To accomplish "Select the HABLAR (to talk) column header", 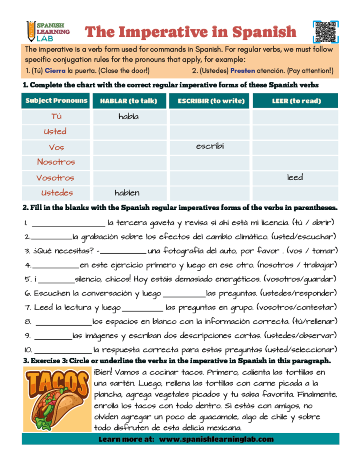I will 128,101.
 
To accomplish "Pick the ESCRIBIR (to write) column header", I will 211,101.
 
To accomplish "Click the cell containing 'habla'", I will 128,117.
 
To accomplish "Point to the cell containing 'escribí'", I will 211,147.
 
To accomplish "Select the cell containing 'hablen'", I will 127,193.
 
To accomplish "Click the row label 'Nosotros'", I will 56,162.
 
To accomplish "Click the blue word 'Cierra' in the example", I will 55,71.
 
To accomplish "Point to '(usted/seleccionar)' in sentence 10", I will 301,350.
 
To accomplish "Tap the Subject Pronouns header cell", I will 56,101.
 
